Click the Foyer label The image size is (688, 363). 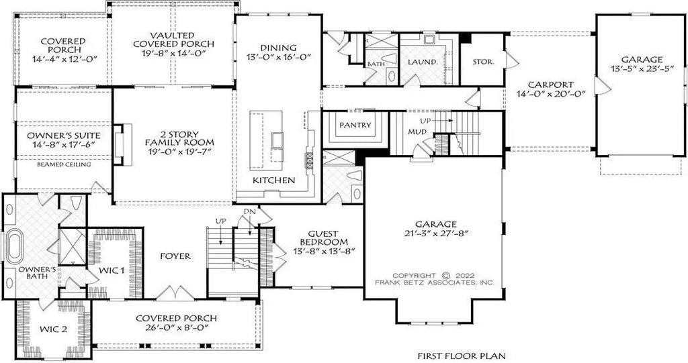[176, 256]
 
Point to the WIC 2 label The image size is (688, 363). [52, 329]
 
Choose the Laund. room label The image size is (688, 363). [423, 62]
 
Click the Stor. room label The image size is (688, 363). [483, 62]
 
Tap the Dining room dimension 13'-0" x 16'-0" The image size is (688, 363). [279, 58]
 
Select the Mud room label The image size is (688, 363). [417, 132]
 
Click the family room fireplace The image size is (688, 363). [118, 144]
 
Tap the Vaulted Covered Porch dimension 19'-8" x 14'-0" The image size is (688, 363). [173, 44]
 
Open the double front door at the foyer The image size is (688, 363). [175, 293]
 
